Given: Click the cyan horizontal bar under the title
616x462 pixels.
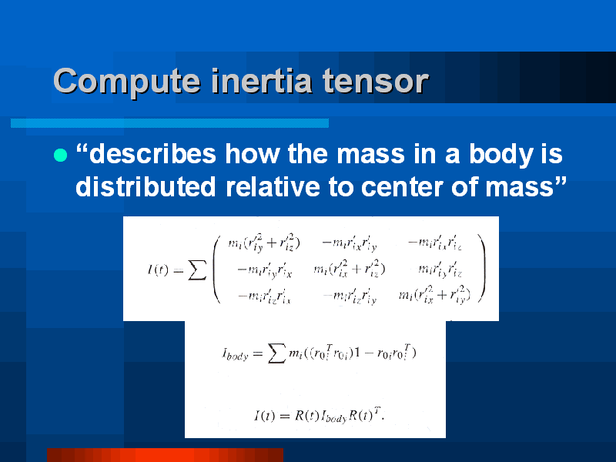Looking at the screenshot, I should [169, 123].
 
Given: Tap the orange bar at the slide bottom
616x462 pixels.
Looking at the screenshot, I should [165, 454].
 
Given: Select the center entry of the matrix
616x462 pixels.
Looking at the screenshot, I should [350, 269].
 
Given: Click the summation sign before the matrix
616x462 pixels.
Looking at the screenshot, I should [197, 270].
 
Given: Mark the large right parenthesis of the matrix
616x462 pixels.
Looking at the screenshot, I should [482, 269].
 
